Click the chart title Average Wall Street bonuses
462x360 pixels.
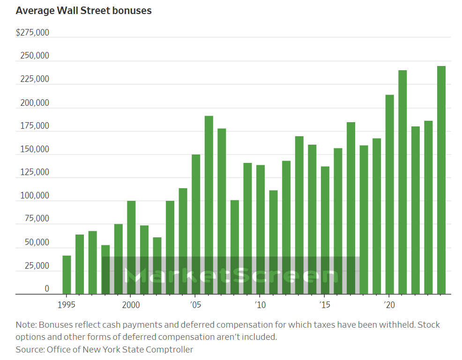click(83, 10)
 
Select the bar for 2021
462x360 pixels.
click(402, 182)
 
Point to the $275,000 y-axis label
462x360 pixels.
click(32, 33)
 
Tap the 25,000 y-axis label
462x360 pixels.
click(35, 265)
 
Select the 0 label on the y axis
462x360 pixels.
click(46, 289)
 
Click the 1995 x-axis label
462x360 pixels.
click(67, 305)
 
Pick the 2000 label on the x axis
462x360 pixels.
click(131, 305)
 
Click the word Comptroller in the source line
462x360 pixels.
click(169, 349)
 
